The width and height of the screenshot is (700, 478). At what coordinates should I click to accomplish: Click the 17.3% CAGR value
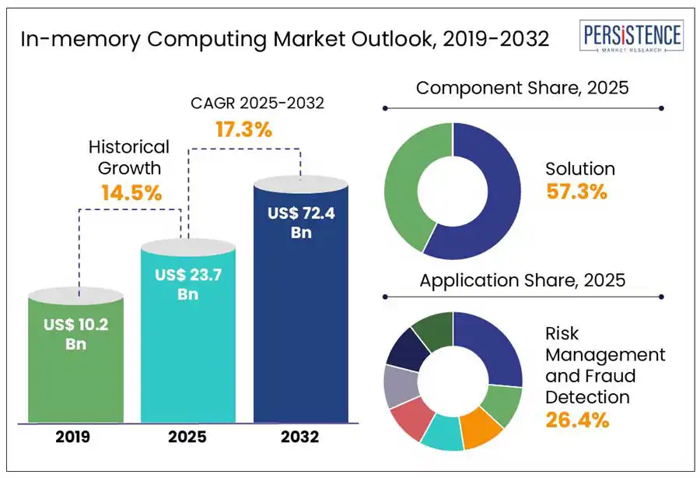pyautogui.click(x=243, y=130)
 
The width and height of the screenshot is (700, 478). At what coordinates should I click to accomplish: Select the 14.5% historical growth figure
pyautogui.click(x=131, y=192)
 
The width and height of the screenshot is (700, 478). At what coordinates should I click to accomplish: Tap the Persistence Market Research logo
pyautogui.click(x=632, y=38)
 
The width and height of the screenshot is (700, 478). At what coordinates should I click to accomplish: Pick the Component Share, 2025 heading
pyautogui.click(x=522, y=88)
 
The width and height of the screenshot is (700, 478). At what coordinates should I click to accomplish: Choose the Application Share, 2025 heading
pyautogui.click(x=522, y=280)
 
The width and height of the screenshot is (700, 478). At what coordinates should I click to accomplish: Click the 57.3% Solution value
pyautogui.click(x=576, y=192)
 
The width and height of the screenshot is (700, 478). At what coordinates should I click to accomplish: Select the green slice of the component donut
pyautogui.click(x=404, y=187)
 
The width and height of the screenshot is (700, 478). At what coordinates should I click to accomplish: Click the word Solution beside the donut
pyautogui.click(x=579, y=169)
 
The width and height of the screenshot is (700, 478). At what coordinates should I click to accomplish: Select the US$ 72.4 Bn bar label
pyautogui.click(x=301, y=222)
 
